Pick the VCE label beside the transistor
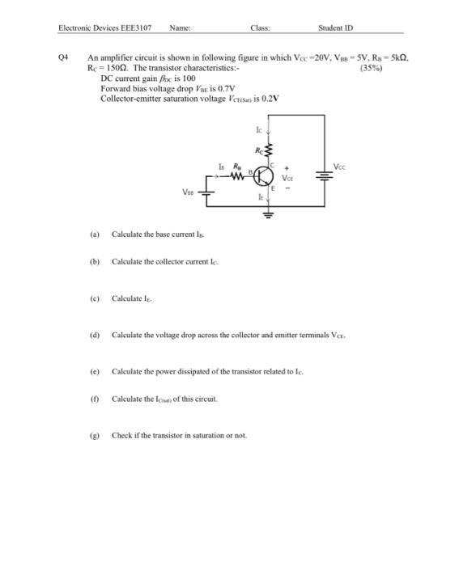pyautogui.click(x=287, y=181)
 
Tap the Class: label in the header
pyautogui.click(x=260, y=28)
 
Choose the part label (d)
pyautogui.click(x=95, y=334)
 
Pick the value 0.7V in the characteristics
pyautogui.click(x=224, y=88)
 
